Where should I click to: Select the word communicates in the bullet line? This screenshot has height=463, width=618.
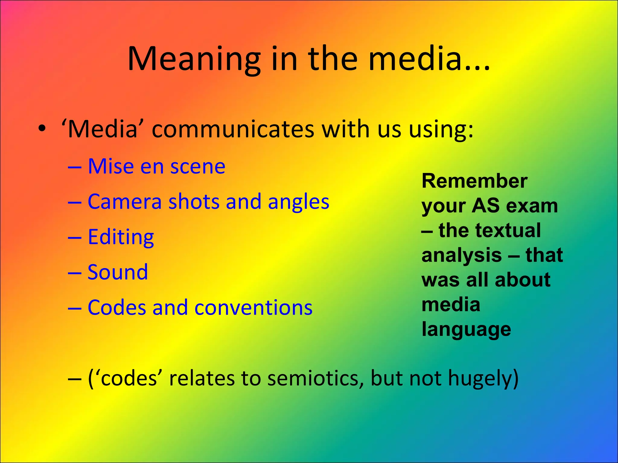(x=233, y=130)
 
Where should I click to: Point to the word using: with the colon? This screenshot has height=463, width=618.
(x=441, y=130)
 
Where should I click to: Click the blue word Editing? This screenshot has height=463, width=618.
(x=121, y=237)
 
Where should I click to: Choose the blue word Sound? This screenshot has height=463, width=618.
(x=118, y=272)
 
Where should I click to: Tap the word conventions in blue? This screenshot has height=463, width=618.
(x=253, y=307)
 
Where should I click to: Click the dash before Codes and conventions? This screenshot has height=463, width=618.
(x=75, y=308)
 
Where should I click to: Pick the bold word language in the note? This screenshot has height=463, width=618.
(x=466, y=329)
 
